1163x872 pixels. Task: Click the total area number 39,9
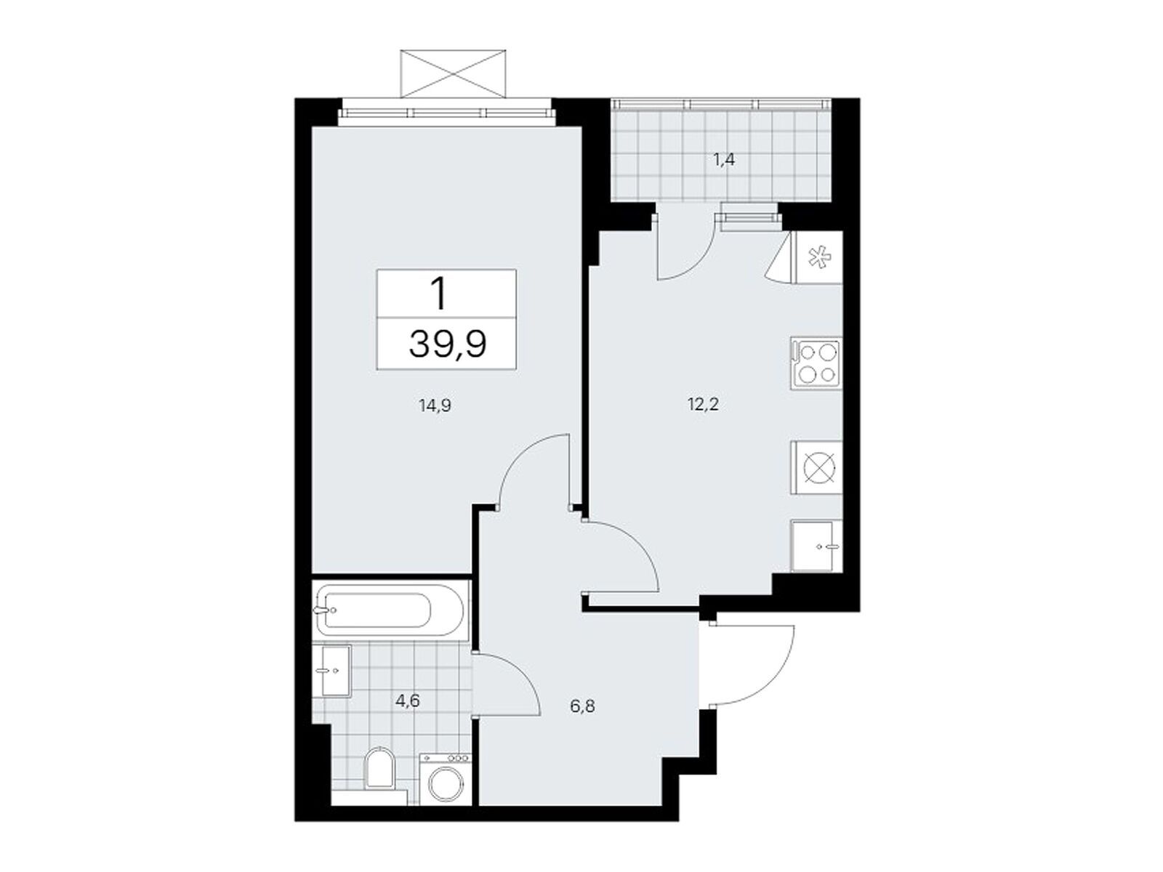(447, 345)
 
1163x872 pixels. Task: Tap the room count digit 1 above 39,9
(438, 296)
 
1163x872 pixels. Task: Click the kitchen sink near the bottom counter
(816, 546)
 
